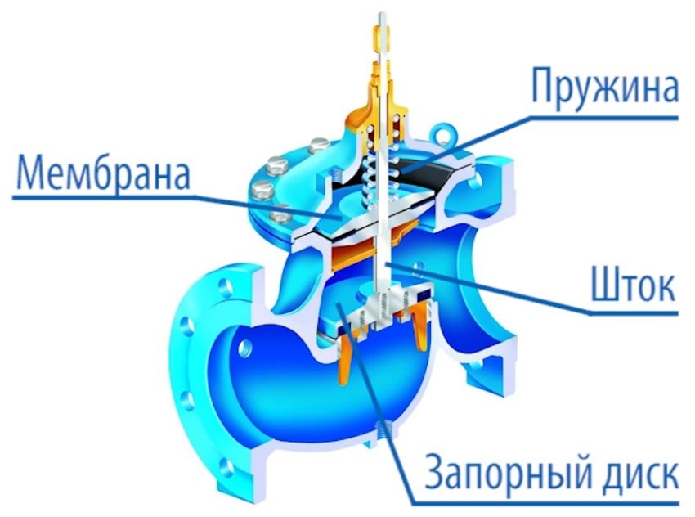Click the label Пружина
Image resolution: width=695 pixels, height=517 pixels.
pos(604,87)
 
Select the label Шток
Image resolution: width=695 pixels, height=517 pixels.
pos(634,285)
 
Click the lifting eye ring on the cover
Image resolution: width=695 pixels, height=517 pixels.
pos(444,133)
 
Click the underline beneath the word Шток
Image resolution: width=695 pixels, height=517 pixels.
pos(634,312)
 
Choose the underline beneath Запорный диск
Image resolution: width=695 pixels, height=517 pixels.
pos(545,503)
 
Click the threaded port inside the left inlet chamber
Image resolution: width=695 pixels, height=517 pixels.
pos(244,348)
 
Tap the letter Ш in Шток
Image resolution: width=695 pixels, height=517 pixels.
pos(605,285)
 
